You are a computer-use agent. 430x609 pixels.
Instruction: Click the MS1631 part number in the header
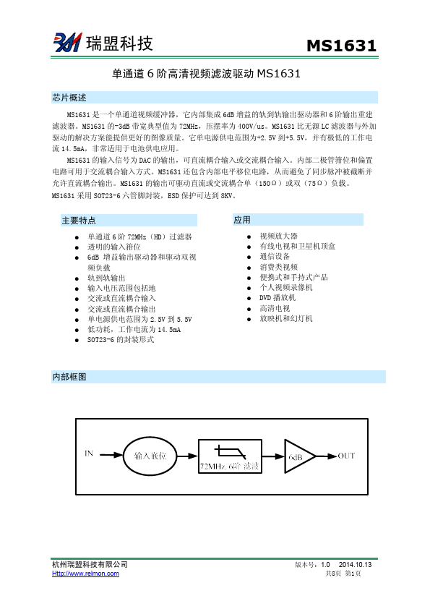(341, 46)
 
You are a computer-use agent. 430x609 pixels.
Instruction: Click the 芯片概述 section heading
(69, 98)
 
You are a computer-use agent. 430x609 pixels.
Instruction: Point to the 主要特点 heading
(79, 220)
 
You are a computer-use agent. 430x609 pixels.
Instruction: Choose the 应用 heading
(242, 219)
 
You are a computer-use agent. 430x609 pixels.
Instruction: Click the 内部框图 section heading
(69, 377)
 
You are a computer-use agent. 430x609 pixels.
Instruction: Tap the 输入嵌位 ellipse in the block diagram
(150, 456)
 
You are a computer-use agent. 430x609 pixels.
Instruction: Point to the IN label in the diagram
(89, 454)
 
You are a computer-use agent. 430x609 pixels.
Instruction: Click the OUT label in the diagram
(346, 456)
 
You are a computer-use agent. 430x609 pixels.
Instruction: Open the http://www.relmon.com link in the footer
(85, 574)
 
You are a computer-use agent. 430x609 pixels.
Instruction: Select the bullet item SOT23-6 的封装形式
(121, 339)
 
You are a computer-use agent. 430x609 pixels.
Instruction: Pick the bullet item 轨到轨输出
(106, 277)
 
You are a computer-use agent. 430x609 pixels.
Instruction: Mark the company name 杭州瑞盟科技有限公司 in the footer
(90, 564)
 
